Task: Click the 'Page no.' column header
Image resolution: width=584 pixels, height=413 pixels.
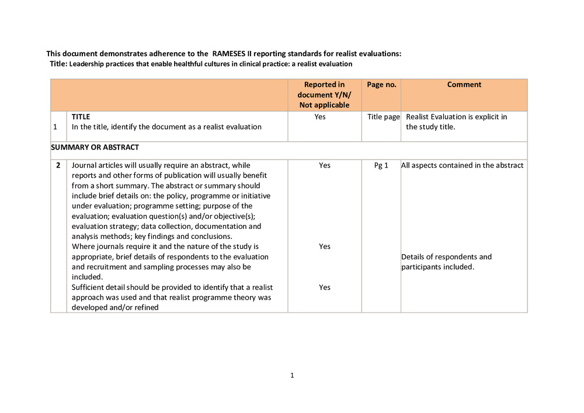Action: point(381,85)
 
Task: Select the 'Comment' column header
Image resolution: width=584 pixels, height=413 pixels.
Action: point(464,85)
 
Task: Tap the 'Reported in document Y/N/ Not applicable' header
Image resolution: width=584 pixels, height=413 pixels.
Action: point(325,95)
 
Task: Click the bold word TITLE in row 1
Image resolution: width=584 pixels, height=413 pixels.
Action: point(81,117)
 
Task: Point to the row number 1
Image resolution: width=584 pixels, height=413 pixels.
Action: point(55,127)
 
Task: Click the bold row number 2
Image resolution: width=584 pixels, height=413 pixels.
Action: point(58,165)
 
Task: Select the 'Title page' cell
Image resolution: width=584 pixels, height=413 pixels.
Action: point(383,117)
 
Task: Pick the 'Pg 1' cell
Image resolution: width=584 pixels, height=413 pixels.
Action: point(381,165)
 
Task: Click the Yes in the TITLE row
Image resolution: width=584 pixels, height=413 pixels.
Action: point(320,117)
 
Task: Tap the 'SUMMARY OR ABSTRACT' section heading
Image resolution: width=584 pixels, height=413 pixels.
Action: point(95,147)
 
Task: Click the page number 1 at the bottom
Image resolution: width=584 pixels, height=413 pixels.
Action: point(292,376)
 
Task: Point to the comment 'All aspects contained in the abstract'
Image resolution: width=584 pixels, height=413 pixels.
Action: point(462,165)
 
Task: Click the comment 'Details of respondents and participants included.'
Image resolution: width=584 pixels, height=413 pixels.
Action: point(446,262)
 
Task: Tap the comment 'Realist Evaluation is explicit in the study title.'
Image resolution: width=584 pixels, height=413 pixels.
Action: point(456,122)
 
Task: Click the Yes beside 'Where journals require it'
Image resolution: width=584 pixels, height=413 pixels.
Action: point(325,247)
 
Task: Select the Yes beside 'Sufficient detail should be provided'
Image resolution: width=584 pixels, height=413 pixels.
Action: point(325,287)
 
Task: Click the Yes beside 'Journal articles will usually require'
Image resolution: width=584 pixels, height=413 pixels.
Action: point(325,165)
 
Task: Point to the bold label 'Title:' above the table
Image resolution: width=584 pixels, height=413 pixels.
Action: point(59,64)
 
